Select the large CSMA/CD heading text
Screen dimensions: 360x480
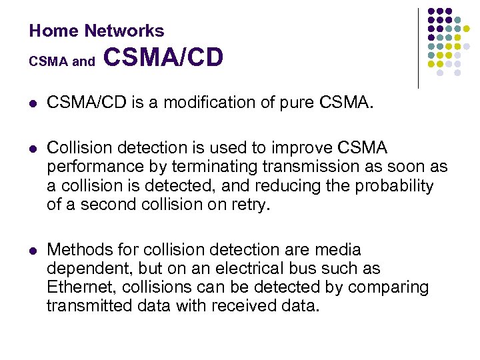(163, 58)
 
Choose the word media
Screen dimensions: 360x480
(338, 249)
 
